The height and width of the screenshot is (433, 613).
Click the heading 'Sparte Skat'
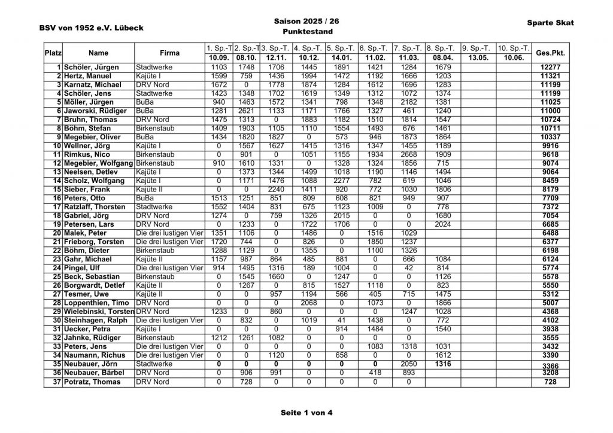(550, 23)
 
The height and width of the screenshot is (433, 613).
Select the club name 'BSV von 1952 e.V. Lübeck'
(92, 28)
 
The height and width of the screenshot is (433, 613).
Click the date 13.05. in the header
(478, 57)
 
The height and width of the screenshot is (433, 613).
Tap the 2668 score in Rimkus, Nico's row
(409, 154)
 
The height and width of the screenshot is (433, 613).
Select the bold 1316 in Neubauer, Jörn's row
(444, 364)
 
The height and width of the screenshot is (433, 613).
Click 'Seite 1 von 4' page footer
(306, 413)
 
